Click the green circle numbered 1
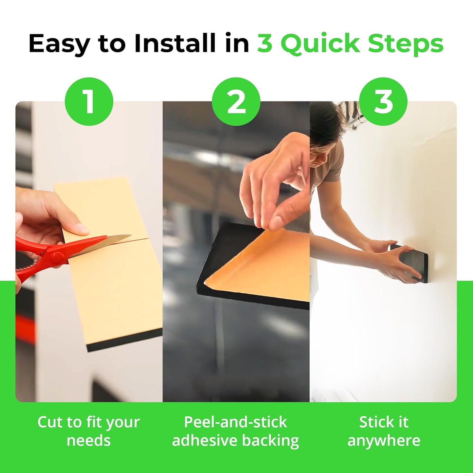tap(89, 101)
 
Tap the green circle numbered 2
tap(236, 101)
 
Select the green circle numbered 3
tap(383, 101)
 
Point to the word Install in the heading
tap(175, 43)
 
